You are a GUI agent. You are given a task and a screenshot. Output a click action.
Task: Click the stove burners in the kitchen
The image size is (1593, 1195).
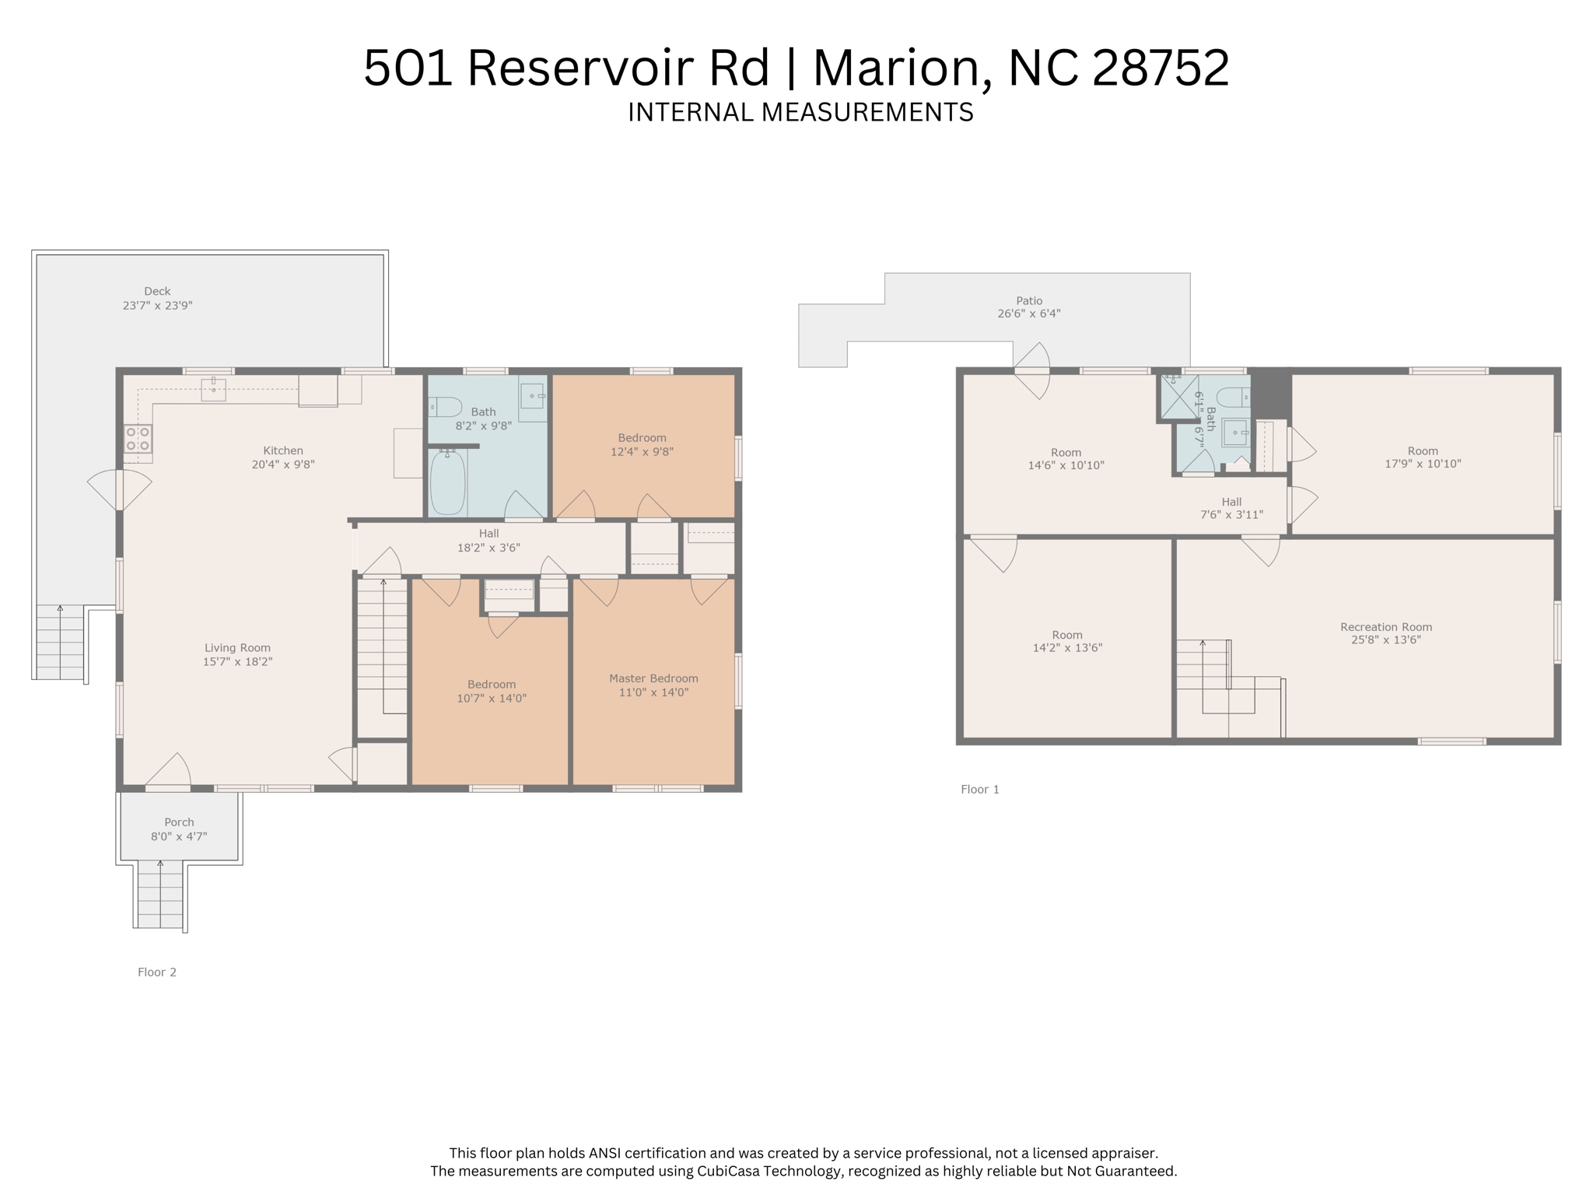(138, 439)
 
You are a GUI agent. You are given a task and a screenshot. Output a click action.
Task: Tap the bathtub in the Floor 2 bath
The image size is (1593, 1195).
(447, 482)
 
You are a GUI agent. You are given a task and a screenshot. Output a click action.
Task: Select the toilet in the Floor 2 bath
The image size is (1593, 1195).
(446, 406)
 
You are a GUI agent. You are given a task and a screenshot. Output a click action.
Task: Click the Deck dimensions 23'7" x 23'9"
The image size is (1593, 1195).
(157, 306)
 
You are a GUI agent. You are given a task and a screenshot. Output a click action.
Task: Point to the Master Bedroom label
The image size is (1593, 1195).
(653, 678)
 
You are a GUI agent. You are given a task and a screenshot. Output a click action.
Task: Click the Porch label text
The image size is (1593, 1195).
(179, 822)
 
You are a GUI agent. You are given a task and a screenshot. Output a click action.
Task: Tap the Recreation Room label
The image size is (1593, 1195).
(1386, 627)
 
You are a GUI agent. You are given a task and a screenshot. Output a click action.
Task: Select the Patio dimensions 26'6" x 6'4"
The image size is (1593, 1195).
(1029, 314)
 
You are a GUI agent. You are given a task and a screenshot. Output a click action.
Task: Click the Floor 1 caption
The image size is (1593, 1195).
(979, 789)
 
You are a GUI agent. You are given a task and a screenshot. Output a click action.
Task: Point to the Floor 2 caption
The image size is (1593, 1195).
(157, 972)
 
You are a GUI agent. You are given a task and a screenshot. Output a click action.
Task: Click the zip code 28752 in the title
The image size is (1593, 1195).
(1161, 68)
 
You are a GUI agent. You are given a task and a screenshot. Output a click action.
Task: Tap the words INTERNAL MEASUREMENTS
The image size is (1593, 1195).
(800, 113)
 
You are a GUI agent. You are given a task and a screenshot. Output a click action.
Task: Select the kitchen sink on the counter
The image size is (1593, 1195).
(213, 389)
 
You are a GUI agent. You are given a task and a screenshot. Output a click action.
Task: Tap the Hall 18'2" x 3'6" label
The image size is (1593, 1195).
(488, 540)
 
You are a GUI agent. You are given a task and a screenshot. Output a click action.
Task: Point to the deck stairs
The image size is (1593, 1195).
(60, 643)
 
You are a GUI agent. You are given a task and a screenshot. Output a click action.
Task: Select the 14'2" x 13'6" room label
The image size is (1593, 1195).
(1067, 641)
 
